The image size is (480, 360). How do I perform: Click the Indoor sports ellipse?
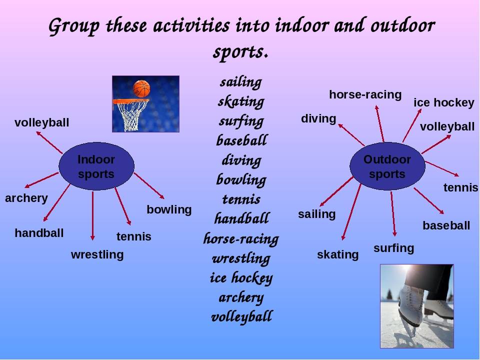pos(96,166)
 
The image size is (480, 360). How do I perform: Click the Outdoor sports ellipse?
pos(387,166)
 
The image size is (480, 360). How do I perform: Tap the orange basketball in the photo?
pos(141,89)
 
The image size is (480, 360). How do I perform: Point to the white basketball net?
pos(131,115)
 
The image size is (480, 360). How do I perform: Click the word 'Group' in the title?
pos(74,26)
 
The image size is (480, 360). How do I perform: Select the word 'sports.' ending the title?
pos(240,51)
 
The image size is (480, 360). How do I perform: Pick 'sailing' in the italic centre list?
pos(241,82)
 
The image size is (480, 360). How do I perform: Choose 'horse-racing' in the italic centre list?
pos(241,239)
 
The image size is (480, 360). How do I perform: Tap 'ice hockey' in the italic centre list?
pos(241,278)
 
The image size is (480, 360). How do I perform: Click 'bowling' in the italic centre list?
pos(241,179)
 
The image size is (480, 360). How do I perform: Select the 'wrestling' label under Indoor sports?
pos(97,254)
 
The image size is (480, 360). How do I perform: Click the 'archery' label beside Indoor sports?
pos(26,198)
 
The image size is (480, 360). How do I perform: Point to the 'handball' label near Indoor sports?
pos(39,233)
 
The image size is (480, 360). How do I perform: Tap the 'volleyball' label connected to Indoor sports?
pos(41,123)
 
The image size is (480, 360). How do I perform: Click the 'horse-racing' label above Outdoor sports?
pos(365,94)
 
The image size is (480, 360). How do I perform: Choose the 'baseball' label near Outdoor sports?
pos(446,225)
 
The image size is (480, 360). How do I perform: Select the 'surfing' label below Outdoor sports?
pos(393,248)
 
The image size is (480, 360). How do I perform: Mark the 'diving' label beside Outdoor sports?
pos(318,119)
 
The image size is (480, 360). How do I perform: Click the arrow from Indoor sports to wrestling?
pos(92,216)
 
